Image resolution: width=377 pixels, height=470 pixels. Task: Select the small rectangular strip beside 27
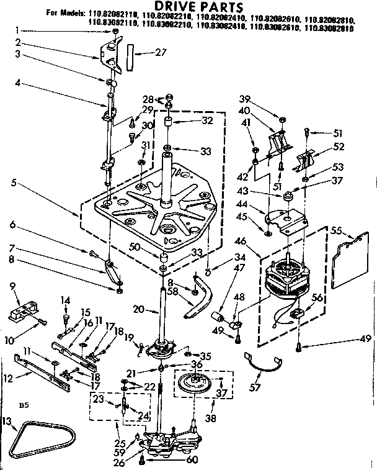(129, 54)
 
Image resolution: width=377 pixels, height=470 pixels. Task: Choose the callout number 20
(138, 309)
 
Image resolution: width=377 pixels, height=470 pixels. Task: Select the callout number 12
(8, 377)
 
